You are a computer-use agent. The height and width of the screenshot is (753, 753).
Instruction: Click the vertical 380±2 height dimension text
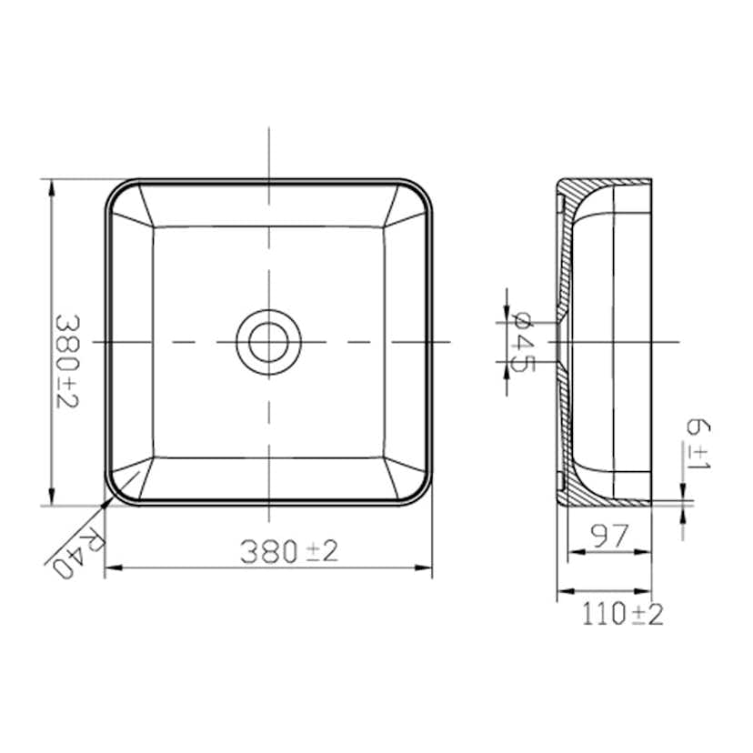(x=67, y=362)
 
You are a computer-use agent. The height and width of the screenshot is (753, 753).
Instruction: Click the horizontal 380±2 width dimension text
(x=289, y=551)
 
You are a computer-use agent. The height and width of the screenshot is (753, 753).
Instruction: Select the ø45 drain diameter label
(x=523, y=343)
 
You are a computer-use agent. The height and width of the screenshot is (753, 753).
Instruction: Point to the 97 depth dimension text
(x=609, y=536)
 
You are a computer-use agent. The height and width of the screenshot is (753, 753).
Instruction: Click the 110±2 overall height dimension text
(x=623, y=614)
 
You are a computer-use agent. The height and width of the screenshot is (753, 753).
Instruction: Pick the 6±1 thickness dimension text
(x=698, y=443)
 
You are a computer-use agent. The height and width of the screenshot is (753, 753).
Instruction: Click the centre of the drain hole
(x=269, y=343)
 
